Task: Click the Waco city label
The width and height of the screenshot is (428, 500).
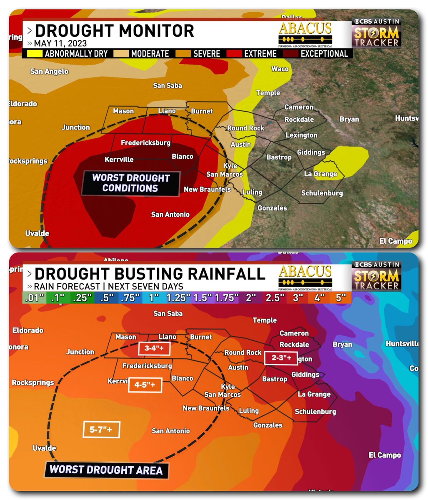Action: tap(280, 69)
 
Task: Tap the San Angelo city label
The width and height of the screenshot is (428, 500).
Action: tap(49, 72)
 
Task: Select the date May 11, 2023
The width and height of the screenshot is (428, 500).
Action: tap(60, 43)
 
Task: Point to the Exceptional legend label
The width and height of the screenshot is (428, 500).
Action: tap(324, 54)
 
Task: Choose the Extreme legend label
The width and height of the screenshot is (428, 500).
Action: tap(260, 54)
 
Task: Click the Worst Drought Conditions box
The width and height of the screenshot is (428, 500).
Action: tap(130, 183)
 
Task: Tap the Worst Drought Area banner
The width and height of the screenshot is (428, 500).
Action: tap(106, 470)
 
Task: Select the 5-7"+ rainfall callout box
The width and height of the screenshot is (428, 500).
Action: tap(101, 430)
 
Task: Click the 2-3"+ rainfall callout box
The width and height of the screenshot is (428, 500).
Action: tap(278, 357)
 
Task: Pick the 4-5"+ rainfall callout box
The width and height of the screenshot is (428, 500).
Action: tap(145, 385)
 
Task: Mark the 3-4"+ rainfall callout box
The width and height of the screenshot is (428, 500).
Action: tap(154, 348)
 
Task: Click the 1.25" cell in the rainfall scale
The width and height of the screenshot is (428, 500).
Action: tap(178, 298)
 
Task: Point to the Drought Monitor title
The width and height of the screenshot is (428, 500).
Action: tap(115, 31)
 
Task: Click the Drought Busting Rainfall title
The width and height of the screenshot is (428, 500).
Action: tap(150, 274)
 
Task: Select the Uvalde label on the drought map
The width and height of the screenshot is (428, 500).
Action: tap(37, 233)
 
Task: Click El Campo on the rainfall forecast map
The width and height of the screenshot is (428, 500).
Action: tap(385, 455)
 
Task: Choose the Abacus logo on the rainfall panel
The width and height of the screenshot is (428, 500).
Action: tap(305, 277)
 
